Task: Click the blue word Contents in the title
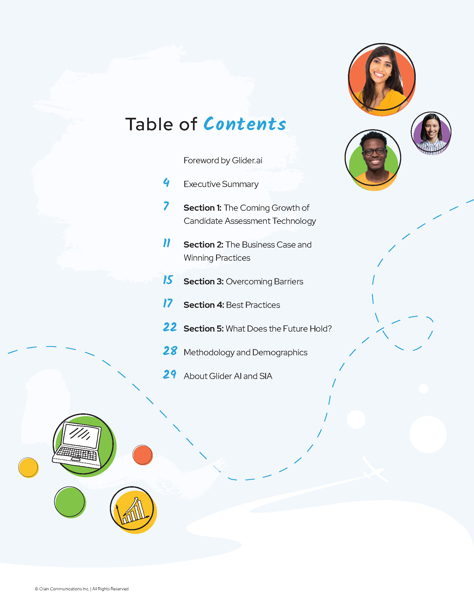245,124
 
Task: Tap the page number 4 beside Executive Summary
166,183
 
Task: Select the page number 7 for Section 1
166,206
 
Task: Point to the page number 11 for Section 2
167,243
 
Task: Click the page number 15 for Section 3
168,280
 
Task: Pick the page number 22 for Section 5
170,327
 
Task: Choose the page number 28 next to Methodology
170,351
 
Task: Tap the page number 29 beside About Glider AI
170,374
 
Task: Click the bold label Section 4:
204,305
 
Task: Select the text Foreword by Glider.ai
223,160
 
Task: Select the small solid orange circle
143,455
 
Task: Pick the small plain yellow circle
28,467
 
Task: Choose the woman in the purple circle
431,133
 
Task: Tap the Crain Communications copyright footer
82,589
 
